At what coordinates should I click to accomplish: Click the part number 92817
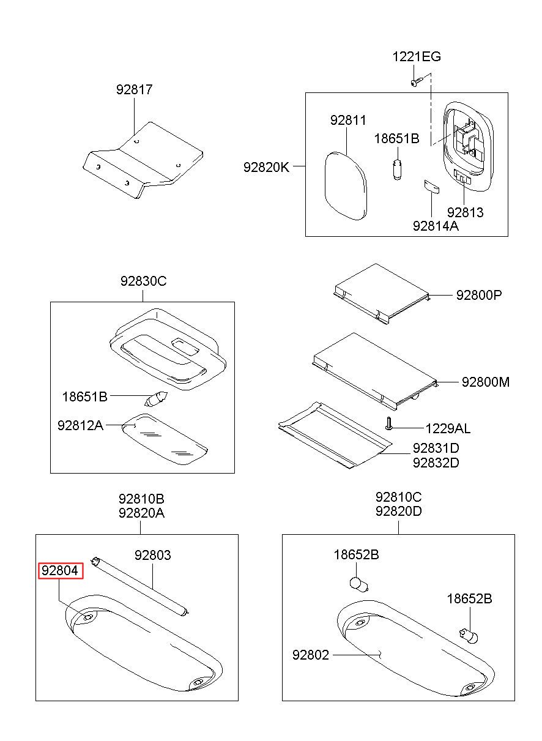tap(134, 89)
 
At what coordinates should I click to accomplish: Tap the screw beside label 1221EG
tap(417, 81)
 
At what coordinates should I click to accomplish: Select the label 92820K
tap(266, 168)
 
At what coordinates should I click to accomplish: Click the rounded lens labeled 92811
tap(346, 186)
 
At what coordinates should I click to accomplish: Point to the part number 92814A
tap(436, 226)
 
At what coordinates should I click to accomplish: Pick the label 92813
tap(465, 212)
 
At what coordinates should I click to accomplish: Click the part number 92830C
tap(143, 281)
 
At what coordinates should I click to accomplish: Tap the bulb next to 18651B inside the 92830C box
tap(157, 398)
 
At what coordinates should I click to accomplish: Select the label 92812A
tap(80, 425)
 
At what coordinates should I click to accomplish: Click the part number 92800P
tap(479, 295)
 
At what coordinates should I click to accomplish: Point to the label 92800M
tap(486, 382)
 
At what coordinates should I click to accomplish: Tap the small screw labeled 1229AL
tap(389, 423)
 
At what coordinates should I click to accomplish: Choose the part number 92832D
tap(436, 463)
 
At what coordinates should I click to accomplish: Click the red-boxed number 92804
tap(60, 571)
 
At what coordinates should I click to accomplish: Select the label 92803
tap(152, 555)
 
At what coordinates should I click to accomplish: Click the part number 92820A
tap(141, 513)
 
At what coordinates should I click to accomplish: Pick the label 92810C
tap(398, 497)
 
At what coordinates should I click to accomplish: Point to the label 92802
tap(311, 655)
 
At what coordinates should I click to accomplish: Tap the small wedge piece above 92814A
tap(432, 186)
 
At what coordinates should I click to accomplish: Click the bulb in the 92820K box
tap(398, 169)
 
